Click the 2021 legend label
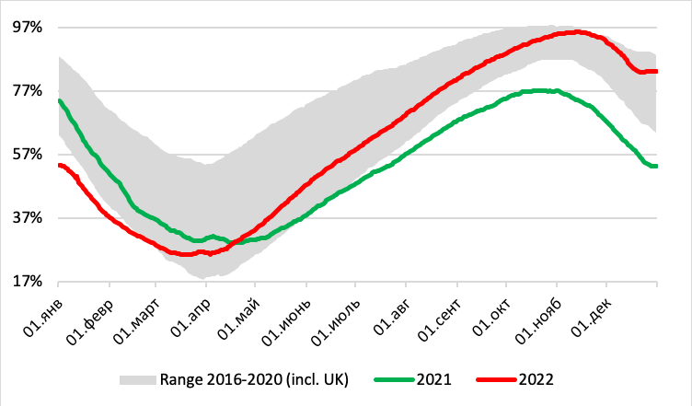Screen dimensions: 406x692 432,378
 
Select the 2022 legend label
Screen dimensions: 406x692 537,378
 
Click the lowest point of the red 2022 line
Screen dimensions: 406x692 184,254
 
